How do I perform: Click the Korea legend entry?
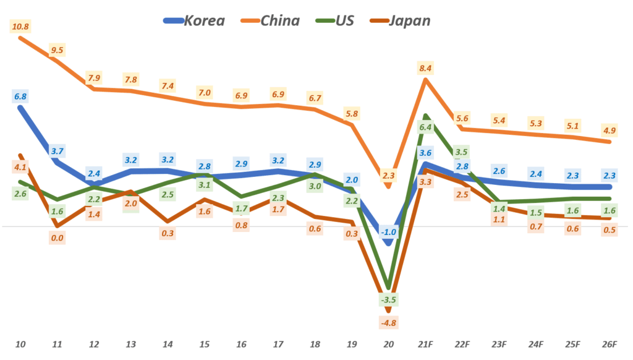point(193,20)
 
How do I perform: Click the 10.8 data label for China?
point(20,27)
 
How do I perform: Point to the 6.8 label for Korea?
point(20,96)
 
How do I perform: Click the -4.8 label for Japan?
point(388,322)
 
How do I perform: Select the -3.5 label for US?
point(388,299)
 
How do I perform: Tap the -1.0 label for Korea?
point(388,232)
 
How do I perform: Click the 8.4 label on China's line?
point(425,68)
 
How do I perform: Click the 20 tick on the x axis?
point(388,343)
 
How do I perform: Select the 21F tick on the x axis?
point(425,343)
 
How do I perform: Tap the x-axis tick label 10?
point(20,343)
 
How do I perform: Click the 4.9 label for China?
point(609,131)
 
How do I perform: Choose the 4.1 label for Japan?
point(20,167)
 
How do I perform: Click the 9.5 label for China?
point(57,50)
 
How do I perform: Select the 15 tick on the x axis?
point(205,343)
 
